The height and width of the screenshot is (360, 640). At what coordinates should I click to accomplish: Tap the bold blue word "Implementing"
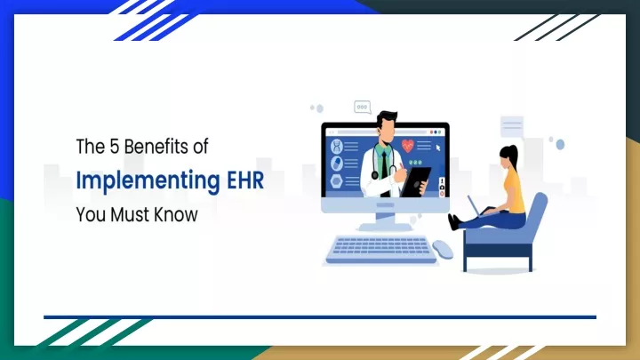click(x=148, y=180)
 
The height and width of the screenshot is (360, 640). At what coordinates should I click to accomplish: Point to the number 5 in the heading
click(x=114, y=147)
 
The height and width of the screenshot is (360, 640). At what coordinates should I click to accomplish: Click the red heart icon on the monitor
click(x=407, y=145)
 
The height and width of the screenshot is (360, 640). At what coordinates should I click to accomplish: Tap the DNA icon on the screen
click(x=337, y=146)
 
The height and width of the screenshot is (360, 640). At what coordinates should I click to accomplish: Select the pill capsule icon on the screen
click(x=337, y=164)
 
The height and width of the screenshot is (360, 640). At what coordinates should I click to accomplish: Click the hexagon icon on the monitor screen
click(x=337, y=180)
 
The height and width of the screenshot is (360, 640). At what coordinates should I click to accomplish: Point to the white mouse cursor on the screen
click(x=438, y=148)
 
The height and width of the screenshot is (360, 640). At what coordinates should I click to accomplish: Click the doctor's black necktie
click(x=385, y=172)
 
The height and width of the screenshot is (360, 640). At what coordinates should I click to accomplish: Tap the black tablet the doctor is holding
click(x=415, y=181)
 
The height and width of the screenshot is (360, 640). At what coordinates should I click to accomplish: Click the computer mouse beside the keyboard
click(x=443, y=249)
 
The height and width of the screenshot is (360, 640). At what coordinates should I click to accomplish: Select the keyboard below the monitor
click(x=381, y=250)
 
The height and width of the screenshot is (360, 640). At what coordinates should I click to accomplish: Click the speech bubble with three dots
click(x=362, y=108)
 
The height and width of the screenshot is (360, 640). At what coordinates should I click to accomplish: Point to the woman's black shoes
click(x=454, y=221)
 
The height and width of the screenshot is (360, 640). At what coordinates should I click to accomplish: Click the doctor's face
click(x=387, y=130)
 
